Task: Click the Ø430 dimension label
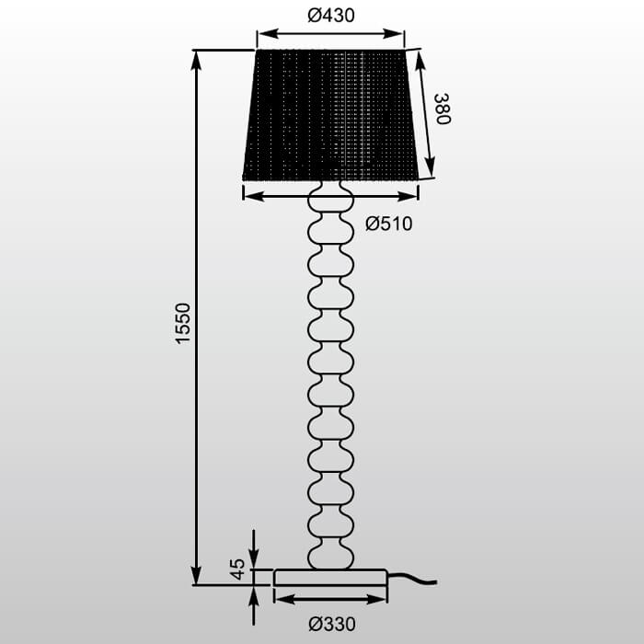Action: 330,16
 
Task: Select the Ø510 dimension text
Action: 388,224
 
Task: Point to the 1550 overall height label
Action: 183,323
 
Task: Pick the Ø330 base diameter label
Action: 331,624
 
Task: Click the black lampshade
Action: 331,115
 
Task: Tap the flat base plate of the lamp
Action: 330,577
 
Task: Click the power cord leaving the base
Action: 414,581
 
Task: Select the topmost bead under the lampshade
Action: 330,198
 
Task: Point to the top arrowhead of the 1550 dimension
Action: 196,57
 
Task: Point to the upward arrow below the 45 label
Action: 255,594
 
